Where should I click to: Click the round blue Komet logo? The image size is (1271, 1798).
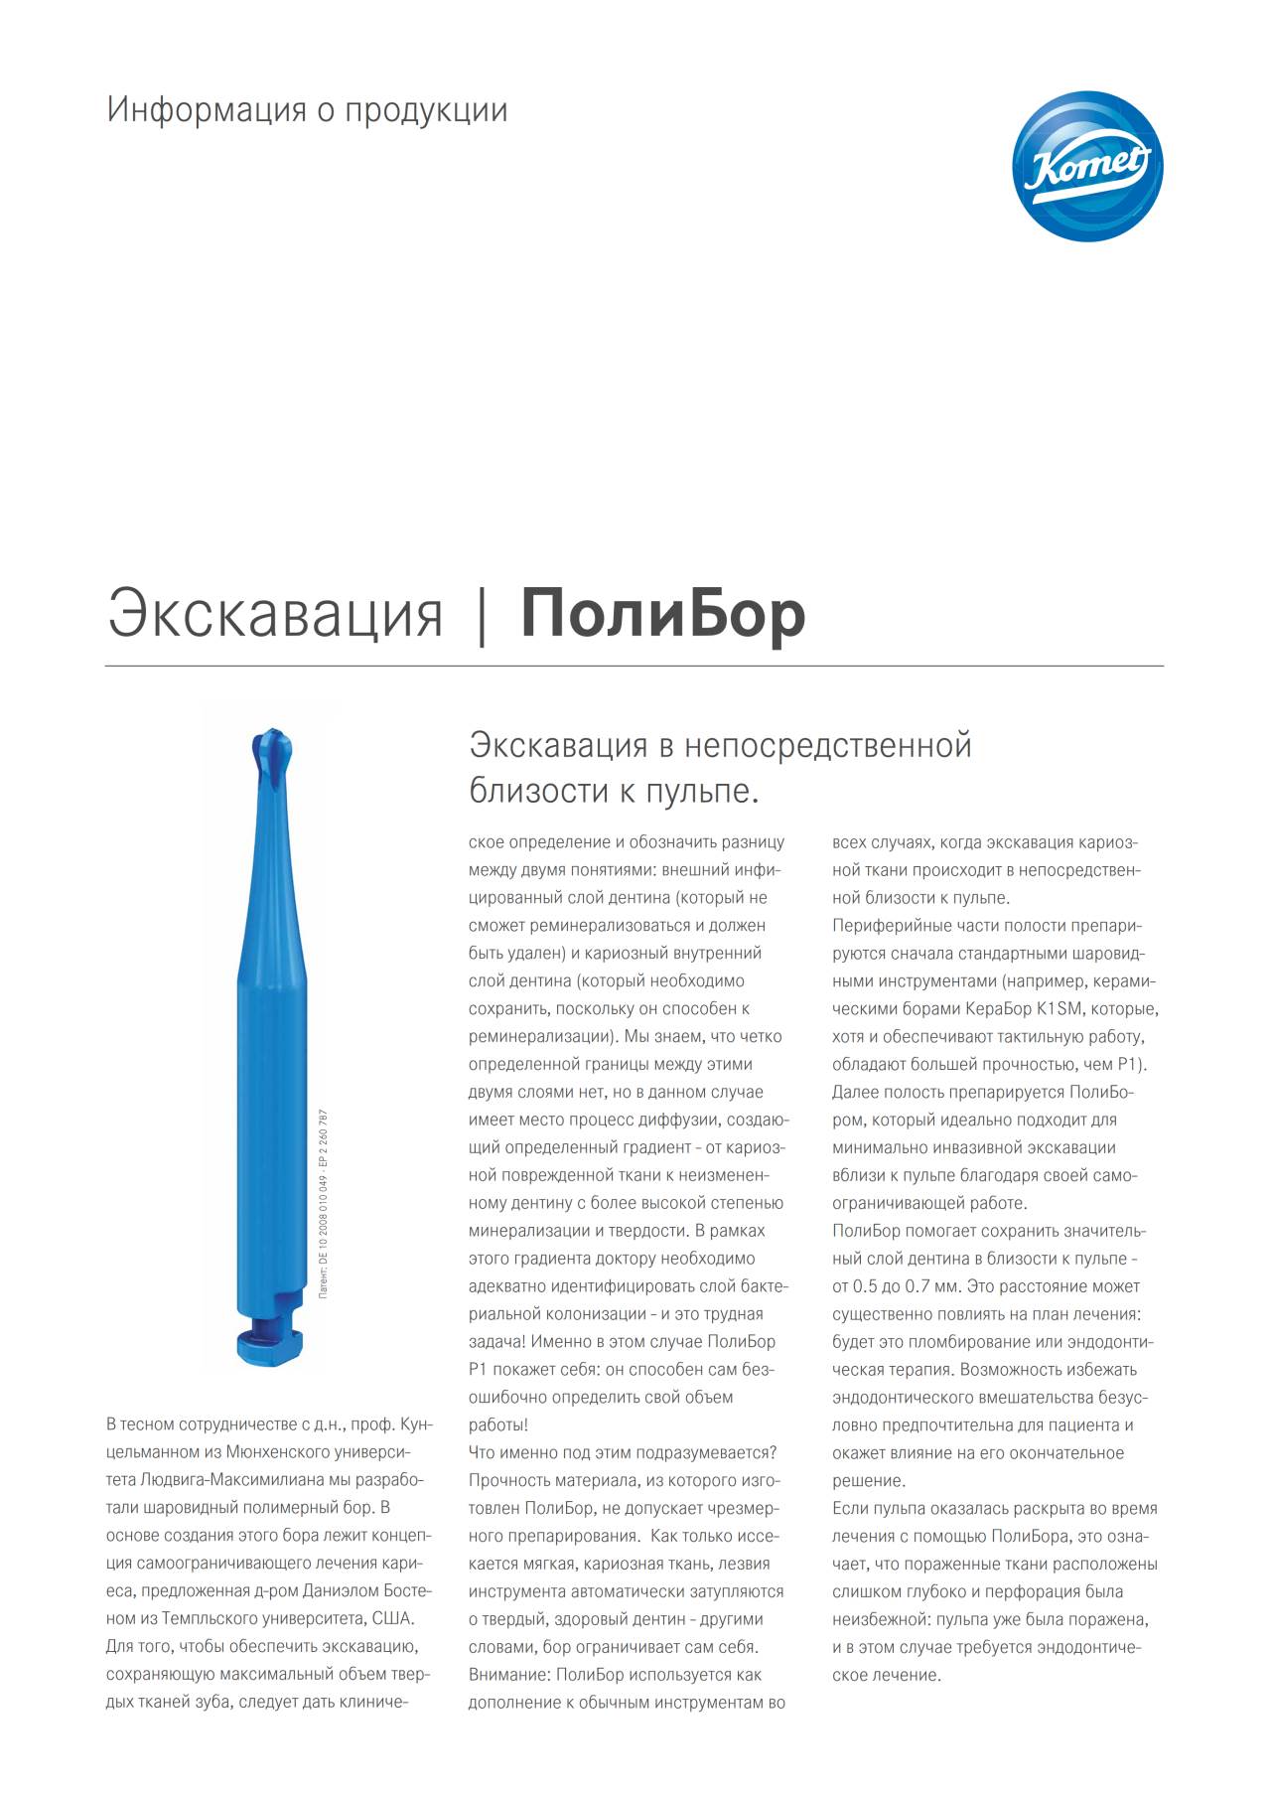1087,166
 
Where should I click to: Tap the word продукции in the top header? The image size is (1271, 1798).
426,110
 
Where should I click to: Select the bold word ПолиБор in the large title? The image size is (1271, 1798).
662,614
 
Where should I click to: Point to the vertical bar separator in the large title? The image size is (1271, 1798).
483,615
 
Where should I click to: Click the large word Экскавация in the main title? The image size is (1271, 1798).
275,614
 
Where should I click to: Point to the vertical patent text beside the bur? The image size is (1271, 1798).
324,1204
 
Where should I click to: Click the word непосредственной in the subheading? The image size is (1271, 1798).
828,745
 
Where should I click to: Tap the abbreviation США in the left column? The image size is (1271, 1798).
391,1618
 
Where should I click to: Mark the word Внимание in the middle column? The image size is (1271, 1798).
507,1674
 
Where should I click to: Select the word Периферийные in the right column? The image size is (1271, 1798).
888,926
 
